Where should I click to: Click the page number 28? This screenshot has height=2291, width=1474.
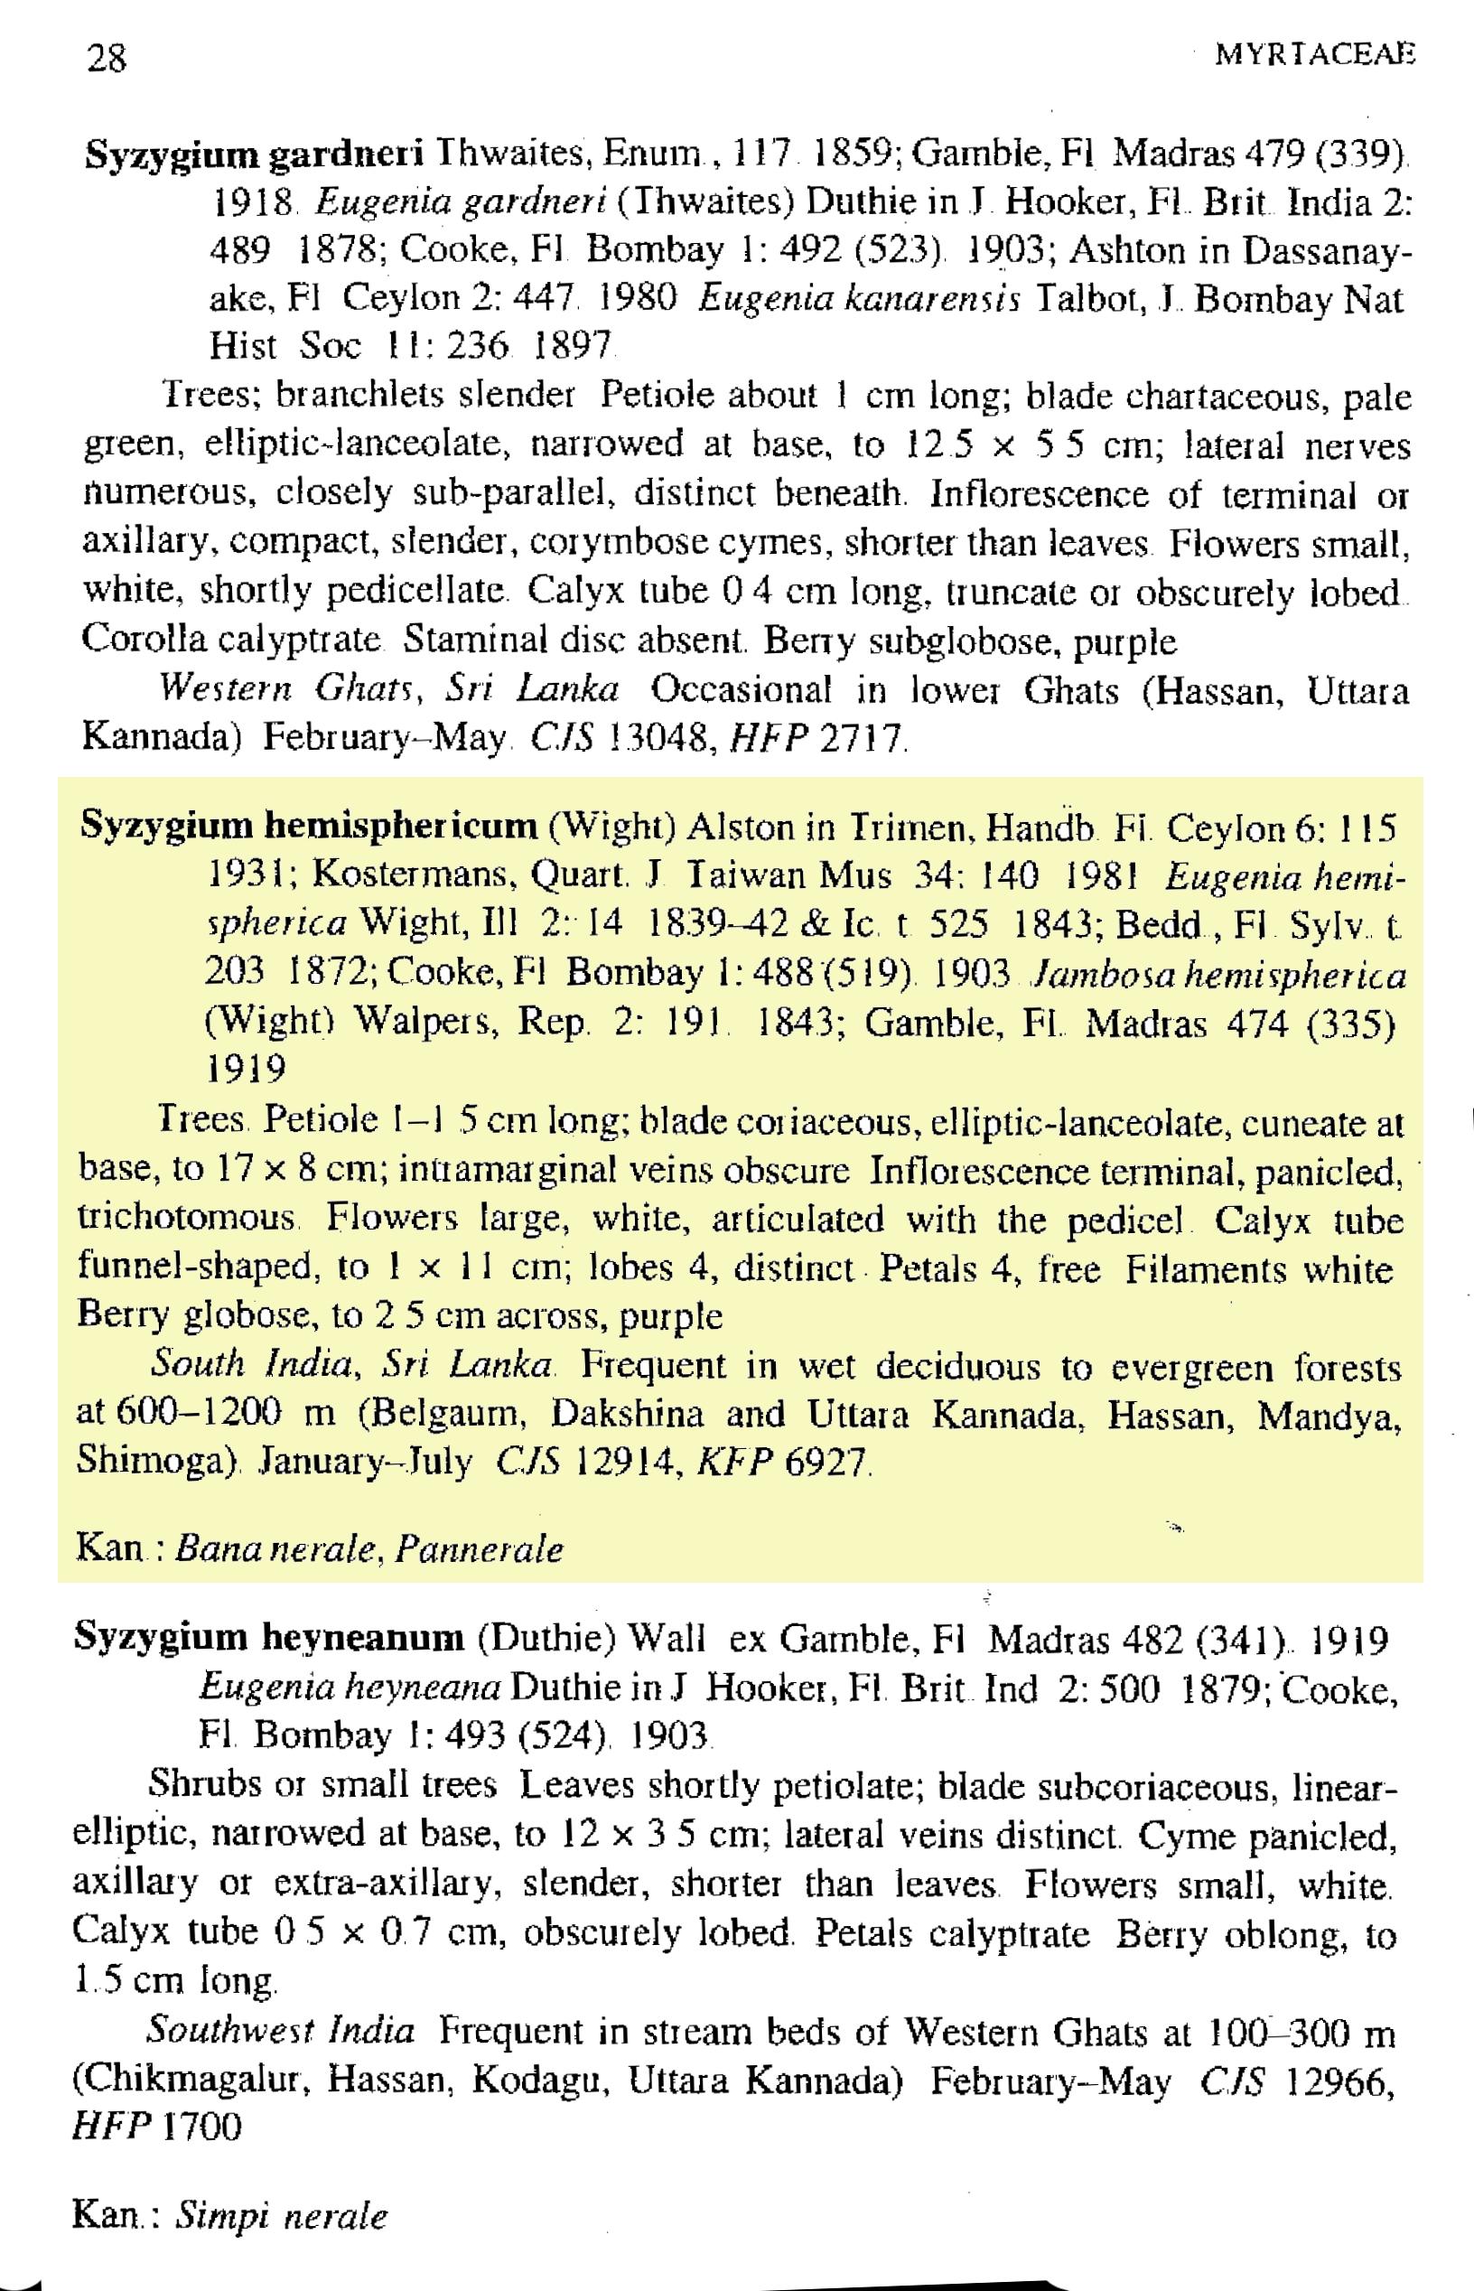tap(107, 60)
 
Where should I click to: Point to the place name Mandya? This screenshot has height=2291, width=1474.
tap(1329, 1413)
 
